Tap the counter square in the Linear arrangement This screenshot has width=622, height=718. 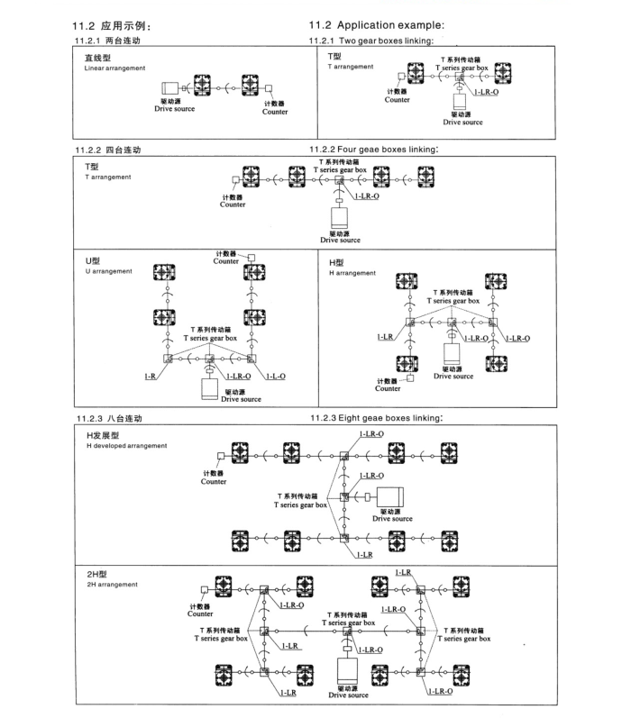pyautogui.click(x=269, y=88)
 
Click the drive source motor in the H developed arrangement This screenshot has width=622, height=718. pyautogui.click(x=390, y=497)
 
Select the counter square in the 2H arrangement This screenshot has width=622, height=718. pyautogui.click(x=206, y=589)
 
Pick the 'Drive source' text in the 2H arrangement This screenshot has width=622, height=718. pyautogui.click(x=349, y=695)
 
